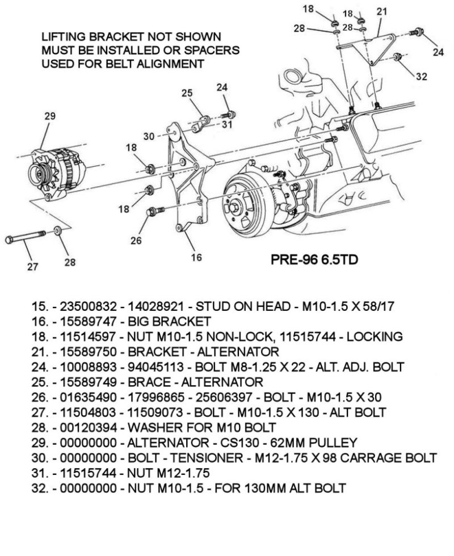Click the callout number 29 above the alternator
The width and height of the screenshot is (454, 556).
pyautogui.click(x=50, y=116)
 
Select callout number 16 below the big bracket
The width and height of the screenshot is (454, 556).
pyautogui.click(x=196, y=257)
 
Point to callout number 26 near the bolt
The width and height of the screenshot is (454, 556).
pyautogui.click(x=136, y=240)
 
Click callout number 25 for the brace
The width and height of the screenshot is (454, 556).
pyautogui.click(x=187, y=93)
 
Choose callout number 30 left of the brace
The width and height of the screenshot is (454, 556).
pyautogui.click(x=149, y=136)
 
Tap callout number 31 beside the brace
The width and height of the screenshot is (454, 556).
pyautogui.click(x=227, y=124)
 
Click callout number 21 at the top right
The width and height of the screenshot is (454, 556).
pyautogui.click(x=381, y=11)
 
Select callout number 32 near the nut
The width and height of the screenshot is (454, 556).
pyautogui.click(x=421, y=77)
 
